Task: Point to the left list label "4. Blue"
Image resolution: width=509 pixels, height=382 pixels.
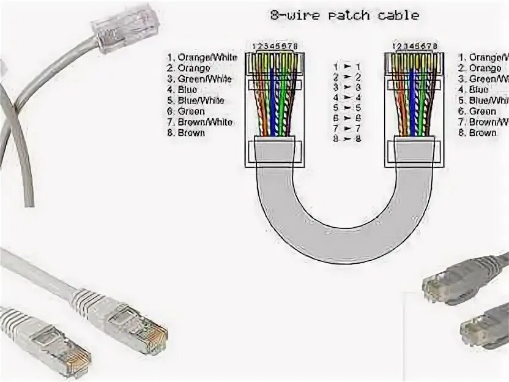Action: coord(182,89)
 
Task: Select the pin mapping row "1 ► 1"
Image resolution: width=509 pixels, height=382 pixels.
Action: coord(346,66)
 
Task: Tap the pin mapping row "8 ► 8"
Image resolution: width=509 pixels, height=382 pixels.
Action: coord(346,139)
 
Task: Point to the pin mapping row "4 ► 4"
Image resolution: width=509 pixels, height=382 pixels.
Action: coord(346,97)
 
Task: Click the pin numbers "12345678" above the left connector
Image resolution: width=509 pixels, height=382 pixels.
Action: coord(270,46)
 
